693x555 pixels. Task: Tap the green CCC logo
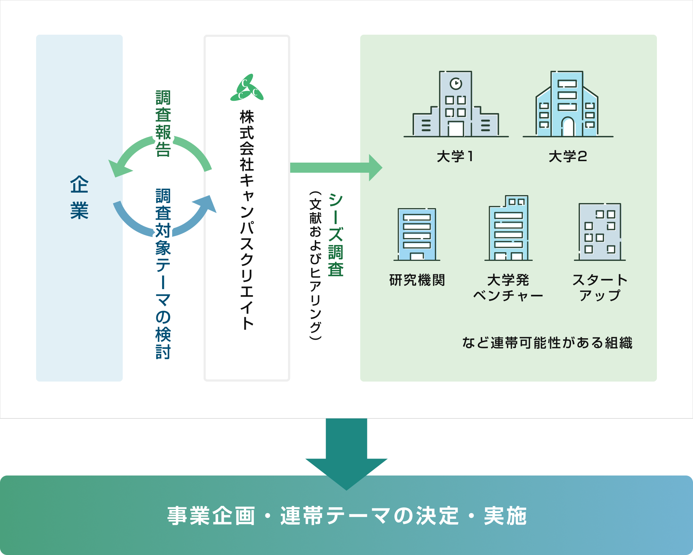(247, 88)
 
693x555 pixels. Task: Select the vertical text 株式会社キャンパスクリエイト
(247, 220)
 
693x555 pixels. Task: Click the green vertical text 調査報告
(163, 123)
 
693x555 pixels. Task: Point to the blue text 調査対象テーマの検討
(163, 274)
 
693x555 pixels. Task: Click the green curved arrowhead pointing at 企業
(118, 168)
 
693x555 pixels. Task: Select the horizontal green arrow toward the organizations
(336, 168)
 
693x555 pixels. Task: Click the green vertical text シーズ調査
(335, 235)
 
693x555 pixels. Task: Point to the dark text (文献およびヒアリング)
(315, 266)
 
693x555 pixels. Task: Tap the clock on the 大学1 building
(456, 83)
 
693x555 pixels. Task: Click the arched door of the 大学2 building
(568, 127)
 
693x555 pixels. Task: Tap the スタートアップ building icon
(600, 232)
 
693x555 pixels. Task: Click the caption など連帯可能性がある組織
(547, 343)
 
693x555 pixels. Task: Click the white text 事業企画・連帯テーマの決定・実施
(346, 516)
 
